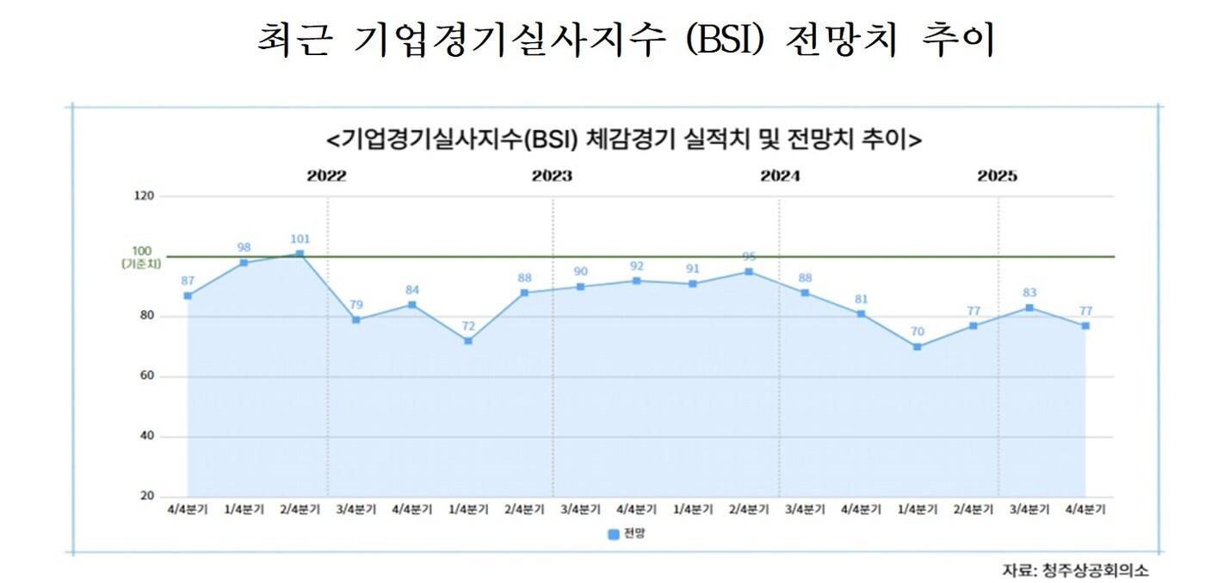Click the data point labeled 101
click(300, 253)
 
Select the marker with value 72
click(468, 341)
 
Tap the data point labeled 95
click(749, 271)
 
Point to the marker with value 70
click(918, 347)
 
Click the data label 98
click(244, 247)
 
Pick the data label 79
click(355, 304)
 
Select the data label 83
click(1029, 292)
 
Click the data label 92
click(636, 265)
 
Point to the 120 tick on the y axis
click(144, 196)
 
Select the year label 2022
click(327, 177)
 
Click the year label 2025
click(998, 177)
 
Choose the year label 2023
click(552, 177)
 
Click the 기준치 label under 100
click(141, 264)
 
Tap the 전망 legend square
click(613, 535)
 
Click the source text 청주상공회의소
click(1094, 570)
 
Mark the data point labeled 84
click(412, 305)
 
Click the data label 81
click(861, 299)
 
